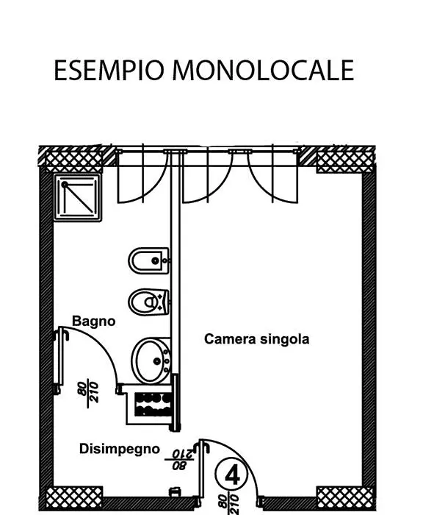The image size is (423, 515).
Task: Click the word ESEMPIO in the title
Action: [109, 71]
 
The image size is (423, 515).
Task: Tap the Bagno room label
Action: [94, 322]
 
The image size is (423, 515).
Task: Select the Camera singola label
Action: [256, 339]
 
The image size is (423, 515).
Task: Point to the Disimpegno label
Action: [120, 449]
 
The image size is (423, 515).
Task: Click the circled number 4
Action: [232, 475]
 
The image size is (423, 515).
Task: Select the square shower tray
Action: [78, 198]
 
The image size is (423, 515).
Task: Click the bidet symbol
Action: [149, 260]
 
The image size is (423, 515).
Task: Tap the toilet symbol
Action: [149, 302]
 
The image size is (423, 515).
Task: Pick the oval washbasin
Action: [151, 360]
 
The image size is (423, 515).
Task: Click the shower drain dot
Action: [65, 184]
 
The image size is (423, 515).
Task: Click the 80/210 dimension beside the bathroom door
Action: [89, 392]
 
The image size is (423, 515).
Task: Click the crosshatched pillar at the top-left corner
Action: [74, 161]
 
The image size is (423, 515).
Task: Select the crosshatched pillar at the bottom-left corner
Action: [74, 498]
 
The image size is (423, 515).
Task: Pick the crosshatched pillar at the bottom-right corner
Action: [345, 498]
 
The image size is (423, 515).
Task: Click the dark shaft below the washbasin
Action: [153, 405]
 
